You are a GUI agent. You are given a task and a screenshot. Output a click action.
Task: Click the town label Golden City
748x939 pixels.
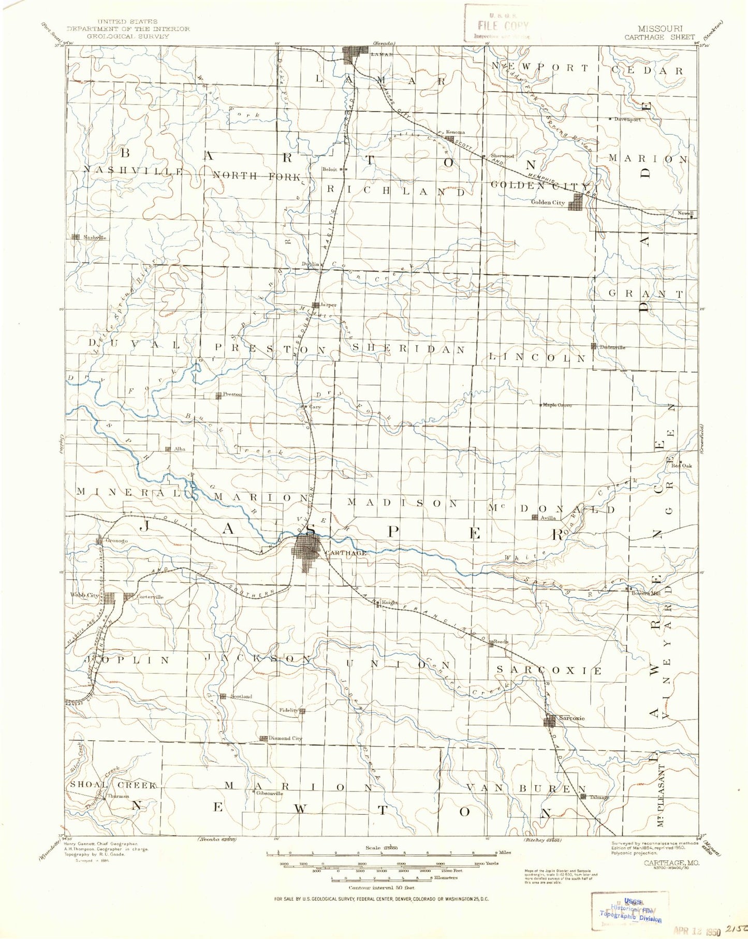click(547, 202)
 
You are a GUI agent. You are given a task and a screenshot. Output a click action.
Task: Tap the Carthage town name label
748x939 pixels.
click(346, 553)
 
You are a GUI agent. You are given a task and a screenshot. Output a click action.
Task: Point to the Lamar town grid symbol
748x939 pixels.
click(355, 54)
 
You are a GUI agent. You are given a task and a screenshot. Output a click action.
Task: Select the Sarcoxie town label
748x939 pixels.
click(571, 718)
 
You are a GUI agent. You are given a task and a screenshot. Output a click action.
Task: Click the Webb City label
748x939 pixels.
click(84, 595)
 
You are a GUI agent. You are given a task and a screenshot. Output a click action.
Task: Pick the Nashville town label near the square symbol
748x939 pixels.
click(95, 238)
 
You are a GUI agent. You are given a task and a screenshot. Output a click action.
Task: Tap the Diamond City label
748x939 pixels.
click(285, 738)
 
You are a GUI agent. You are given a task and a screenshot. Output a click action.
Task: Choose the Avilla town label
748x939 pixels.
click(548, 517)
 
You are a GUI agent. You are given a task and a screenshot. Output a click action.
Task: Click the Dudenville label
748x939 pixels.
click(612, 347)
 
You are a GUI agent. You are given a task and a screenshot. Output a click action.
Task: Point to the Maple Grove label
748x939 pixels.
click(557, 405)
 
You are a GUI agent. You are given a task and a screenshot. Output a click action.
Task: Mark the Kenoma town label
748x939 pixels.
click(455, 132)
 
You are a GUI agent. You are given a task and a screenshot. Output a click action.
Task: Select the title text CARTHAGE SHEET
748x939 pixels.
click(659, 37)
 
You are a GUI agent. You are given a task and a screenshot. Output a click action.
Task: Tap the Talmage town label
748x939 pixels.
click(599, 797)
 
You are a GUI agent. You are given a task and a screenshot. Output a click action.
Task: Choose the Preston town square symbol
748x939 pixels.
click(218, 396)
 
